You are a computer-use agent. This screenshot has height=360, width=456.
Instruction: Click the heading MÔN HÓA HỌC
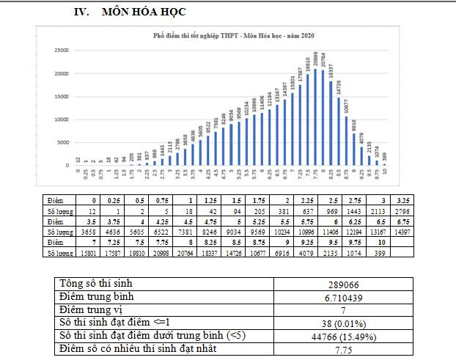pos(144,12)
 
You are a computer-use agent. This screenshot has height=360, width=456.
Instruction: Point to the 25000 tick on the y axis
pos(61,50)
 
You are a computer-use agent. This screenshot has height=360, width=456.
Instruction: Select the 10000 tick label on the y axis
pos(61,120)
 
